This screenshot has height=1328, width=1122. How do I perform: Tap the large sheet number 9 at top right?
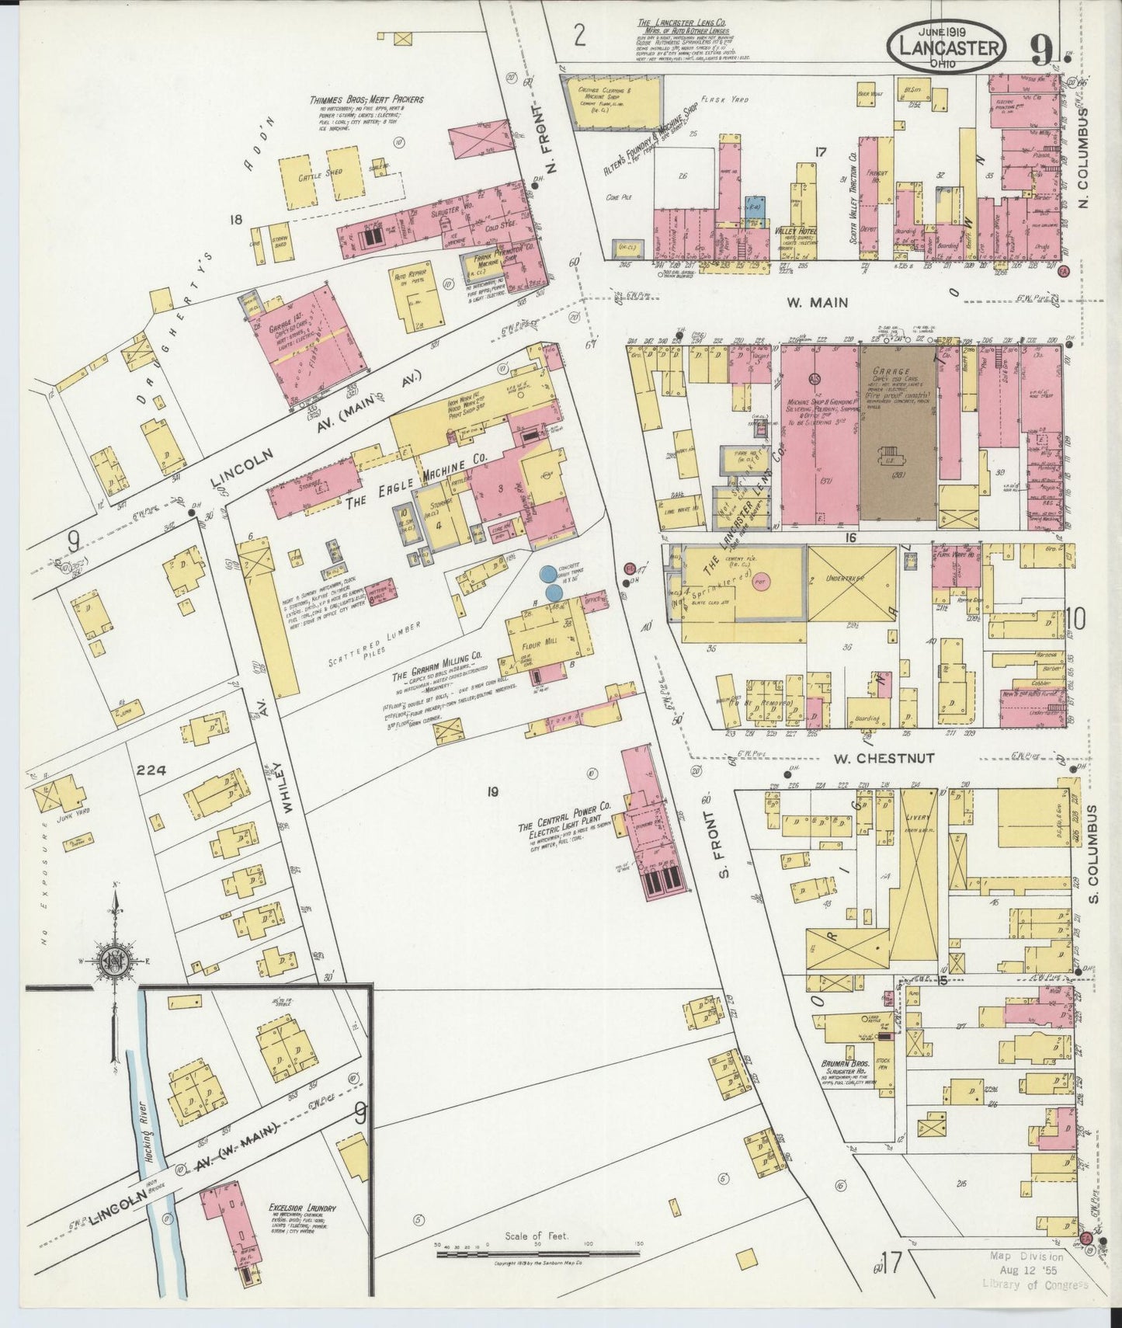coord(1042,51)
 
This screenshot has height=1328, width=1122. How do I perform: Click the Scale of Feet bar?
coord(537,1253)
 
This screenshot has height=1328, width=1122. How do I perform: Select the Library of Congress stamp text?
coord(1034,1285)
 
